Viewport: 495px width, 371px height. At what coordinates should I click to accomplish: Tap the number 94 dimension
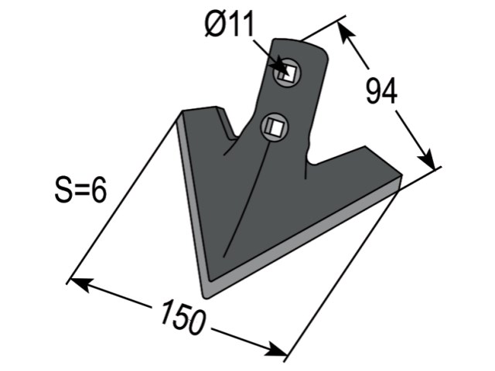(x=381, y=91)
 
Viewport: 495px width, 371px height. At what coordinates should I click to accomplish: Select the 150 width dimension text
(x=183, y=318)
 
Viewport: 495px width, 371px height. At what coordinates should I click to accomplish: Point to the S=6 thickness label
(x=80, y=190)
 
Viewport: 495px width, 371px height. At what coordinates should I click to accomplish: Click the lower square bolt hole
(x=274, y=127)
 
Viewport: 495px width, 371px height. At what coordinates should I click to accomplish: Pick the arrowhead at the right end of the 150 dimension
(x=276, y=349)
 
